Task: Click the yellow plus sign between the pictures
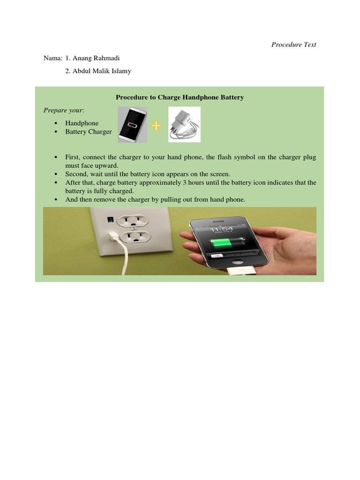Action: point(157,125)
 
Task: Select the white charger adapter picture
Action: point(184,124)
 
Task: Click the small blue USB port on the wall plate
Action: point(111,218)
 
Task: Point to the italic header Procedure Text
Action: point(294,45)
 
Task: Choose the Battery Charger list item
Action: point(89,132)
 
